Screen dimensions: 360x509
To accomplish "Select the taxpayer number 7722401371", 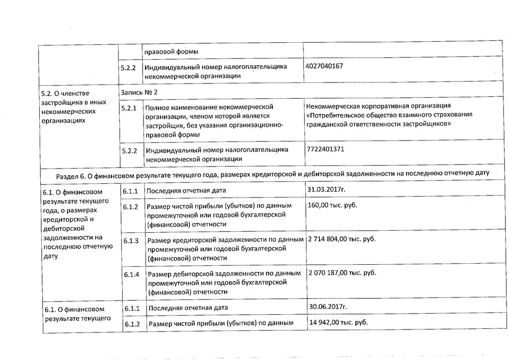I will [325, 149].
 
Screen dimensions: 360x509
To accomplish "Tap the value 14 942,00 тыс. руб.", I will [338, 322].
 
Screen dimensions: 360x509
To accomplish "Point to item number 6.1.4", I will [131, 275].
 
